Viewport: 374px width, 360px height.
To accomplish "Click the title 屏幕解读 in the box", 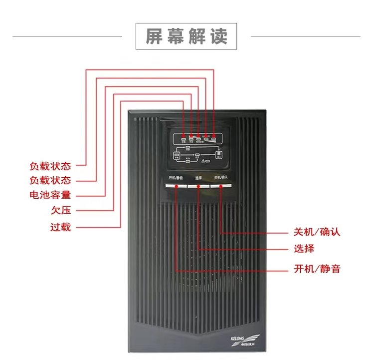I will [x=187, y=36].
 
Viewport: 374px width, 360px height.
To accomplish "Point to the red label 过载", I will [x=60, y=227].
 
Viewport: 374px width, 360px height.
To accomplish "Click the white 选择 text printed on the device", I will [x=198, y=178].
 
